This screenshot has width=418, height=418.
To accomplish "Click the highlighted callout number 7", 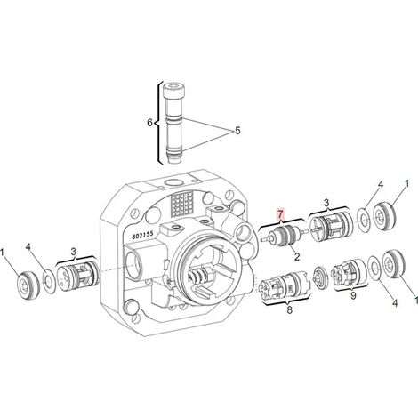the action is point(280,213).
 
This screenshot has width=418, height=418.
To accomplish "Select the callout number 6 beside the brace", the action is point(150,122).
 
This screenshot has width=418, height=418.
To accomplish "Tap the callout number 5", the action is point(237,131).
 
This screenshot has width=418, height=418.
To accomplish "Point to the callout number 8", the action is point(289,309).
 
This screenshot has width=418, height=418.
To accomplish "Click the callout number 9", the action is point(353,295).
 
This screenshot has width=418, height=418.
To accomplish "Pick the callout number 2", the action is point(297,256).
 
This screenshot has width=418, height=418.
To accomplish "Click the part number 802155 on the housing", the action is point(143,235).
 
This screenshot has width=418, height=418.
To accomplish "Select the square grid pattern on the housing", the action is point(181,203).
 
